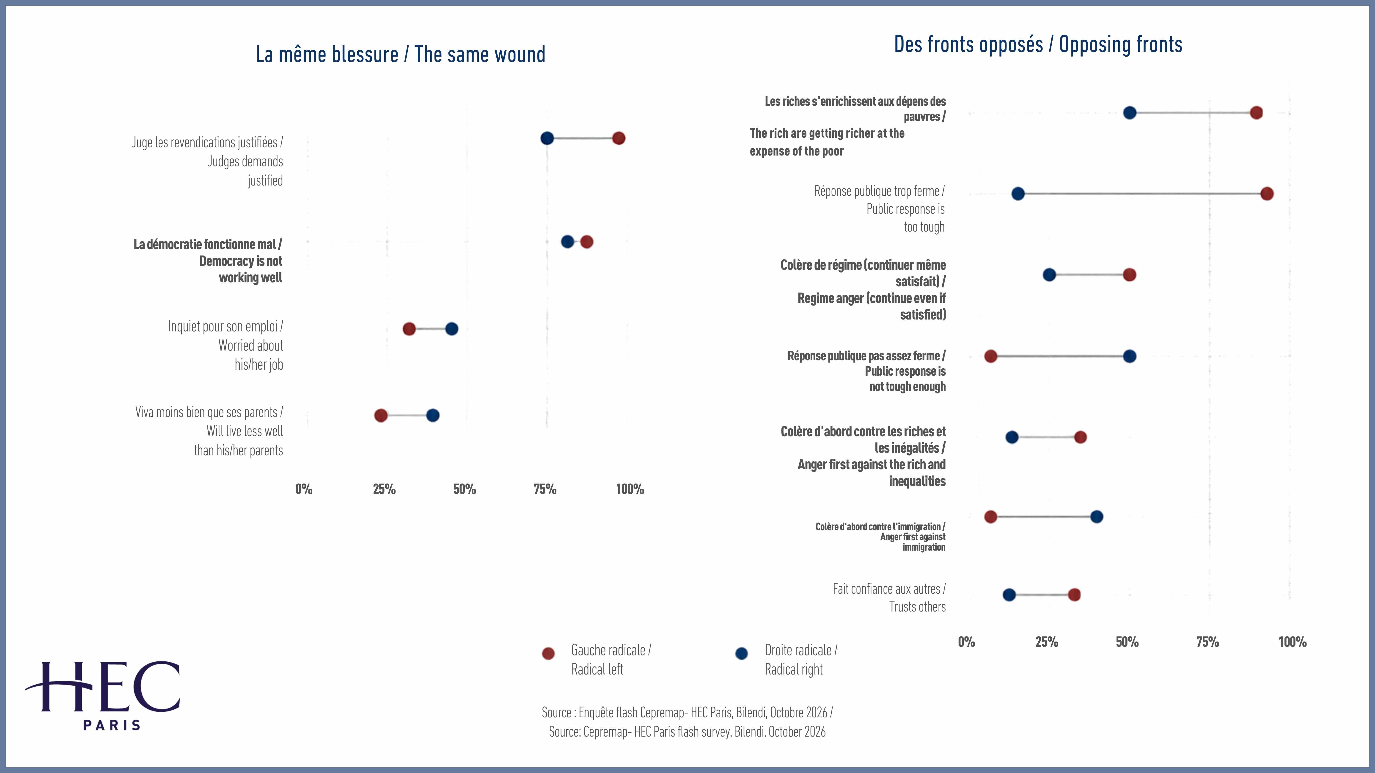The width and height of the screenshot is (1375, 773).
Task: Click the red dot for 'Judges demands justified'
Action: [619, 138]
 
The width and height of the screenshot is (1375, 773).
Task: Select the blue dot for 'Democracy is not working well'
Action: [567, 242]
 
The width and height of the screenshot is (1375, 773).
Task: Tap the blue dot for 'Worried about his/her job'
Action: [451, 329]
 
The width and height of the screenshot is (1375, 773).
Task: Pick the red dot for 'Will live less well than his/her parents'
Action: [381, 415]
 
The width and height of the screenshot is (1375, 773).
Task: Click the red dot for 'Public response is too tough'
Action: [1267, 194]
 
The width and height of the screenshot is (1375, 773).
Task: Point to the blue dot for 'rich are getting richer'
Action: [1130, 112]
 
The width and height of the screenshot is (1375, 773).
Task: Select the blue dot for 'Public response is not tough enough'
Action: [1130, 356]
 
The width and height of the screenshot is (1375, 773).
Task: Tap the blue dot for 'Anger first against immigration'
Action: [1096, 516]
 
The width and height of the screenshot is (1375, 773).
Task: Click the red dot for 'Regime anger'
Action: [1130, 275]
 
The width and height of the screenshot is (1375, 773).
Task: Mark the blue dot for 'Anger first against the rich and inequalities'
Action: [1012, 437]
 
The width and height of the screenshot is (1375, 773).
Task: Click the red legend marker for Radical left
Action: [548, 653]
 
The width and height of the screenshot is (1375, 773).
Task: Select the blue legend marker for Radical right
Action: [741, 653]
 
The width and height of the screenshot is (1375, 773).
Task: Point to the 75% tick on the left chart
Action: [545, 489]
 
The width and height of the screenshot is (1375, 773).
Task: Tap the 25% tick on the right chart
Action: [1047, 642]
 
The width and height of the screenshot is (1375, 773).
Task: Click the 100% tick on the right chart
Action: [1292, 642]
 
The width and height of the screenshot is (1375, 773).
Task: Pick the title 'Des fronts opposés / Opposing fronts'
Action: [1038, 44]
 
